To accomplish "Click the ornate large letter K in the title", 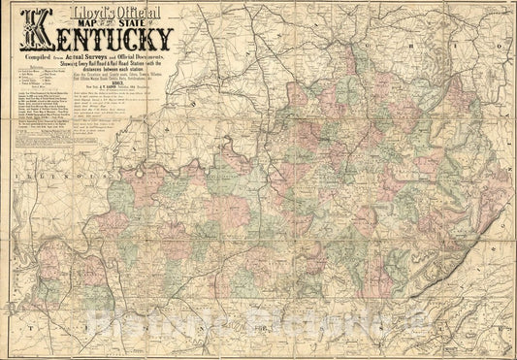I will click(x=39, y=29).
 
